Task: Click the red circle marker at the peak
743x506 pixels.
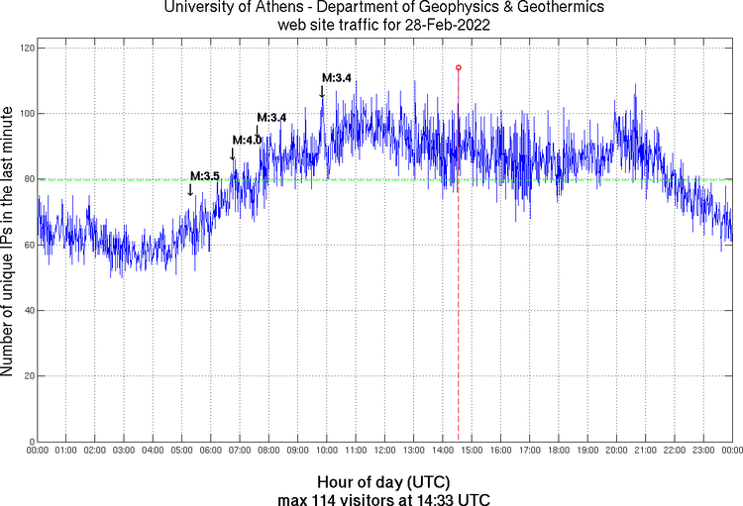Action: click(458, 67)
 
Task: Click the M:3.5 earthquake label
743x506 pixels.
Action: click(204, 176)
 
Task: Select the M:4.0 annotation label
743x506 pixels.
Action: click(247, 141)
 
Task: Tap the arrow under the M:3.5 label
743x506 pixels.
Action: click(190, 189)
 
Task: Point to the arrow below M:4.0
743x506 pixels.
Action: click(233, 153)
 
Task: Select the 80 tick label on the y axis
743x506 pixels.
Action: click(28, 179)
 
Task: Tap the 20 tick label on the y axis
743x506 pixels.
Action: click(28, 376)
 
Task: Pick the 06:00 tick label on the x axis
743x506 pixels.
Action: click(211, 451)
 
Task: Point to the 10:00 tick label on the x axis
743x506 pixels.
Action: click(327, 451)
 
